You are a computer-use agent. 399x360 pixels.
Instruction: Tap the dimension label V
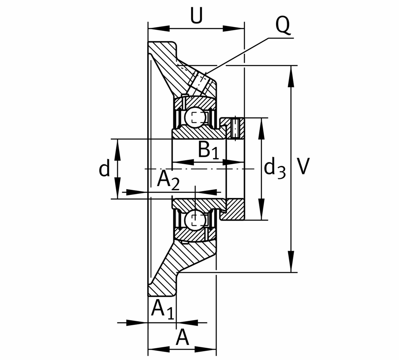(x=303, y=166)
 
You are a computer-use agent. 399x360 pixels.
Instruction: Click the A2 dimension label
(x=168, y=180)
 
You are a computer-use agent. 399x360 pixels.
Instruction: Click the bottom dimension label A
(x=182, y=338)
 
